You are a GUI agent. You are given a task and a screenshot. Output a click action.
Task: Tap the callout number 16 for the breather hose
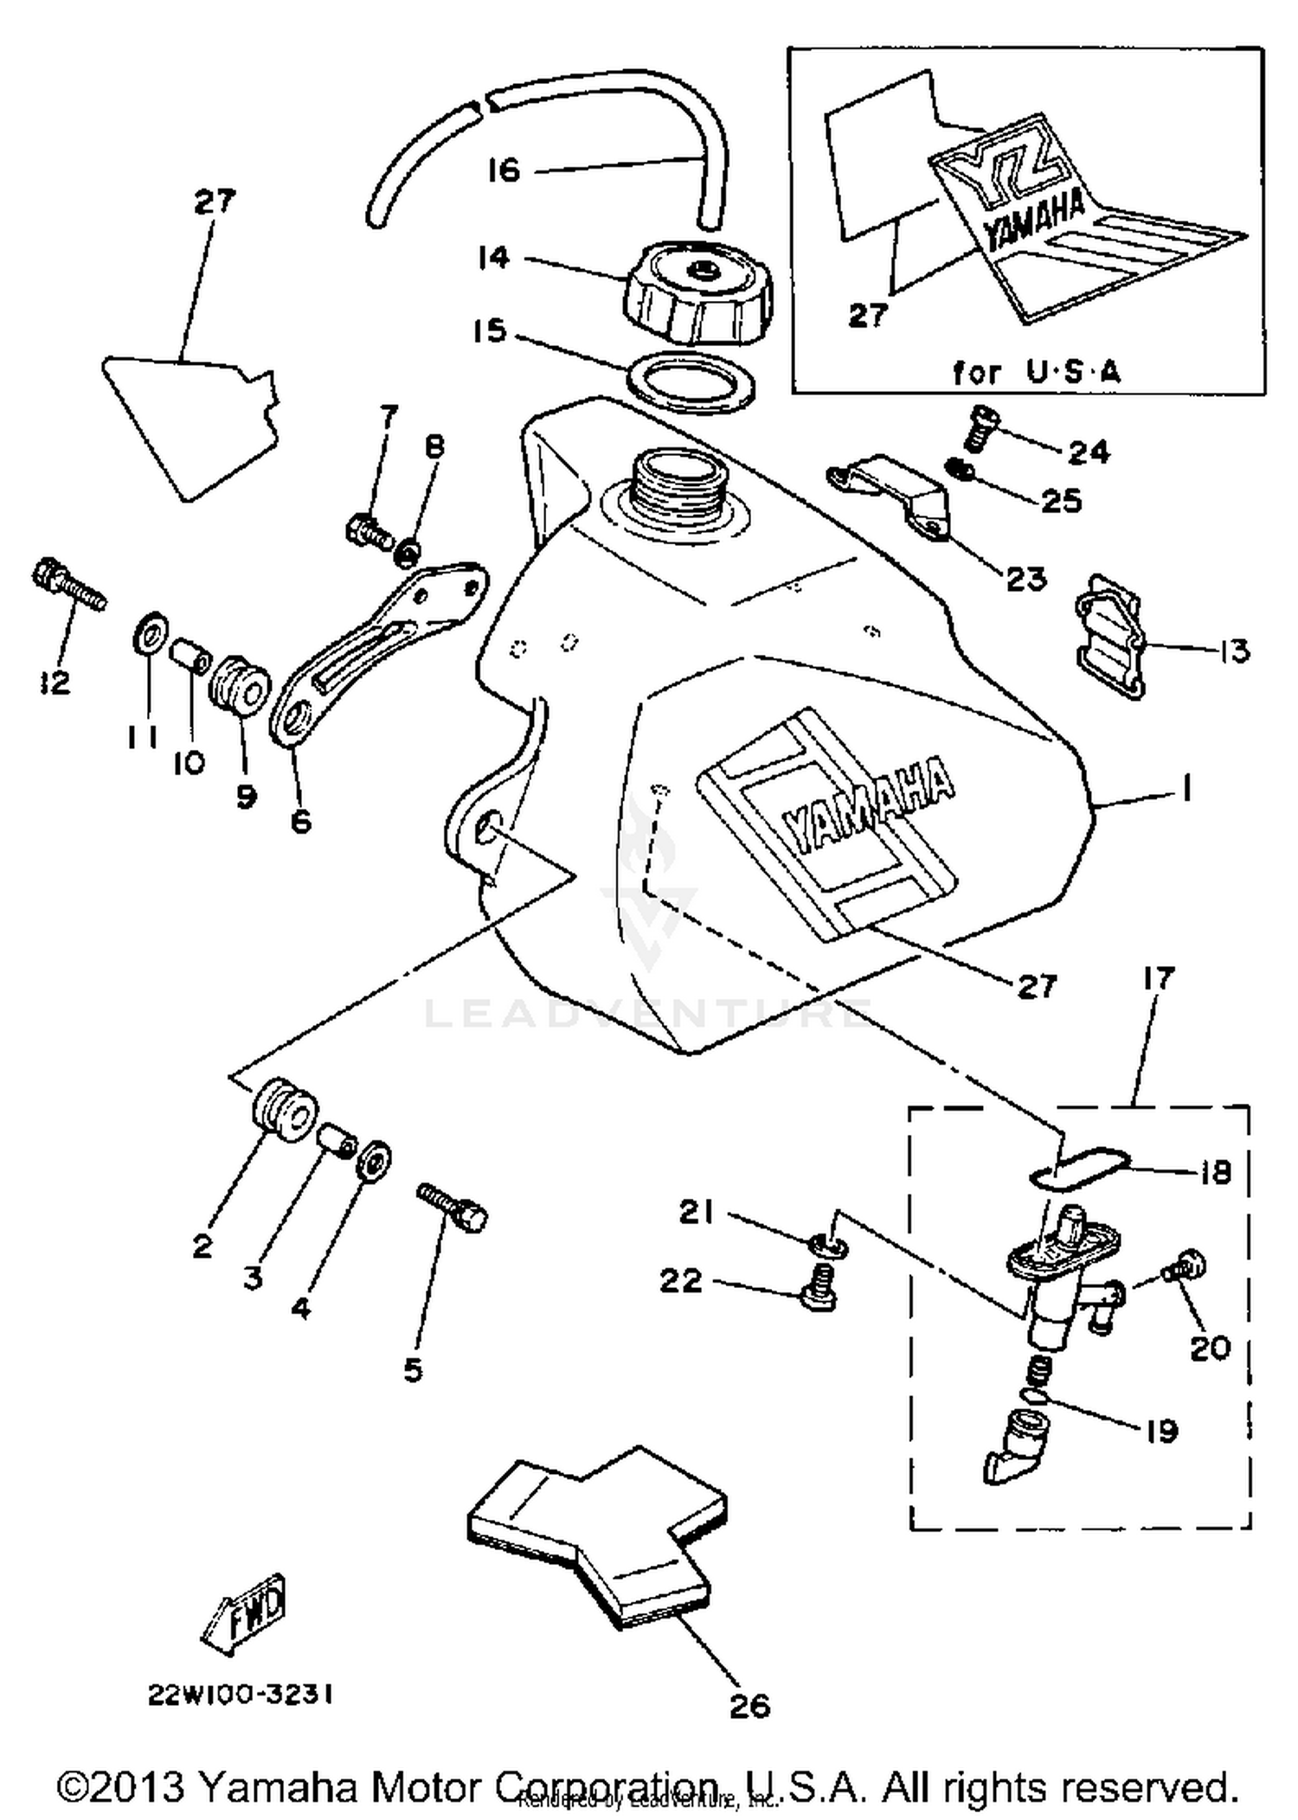tap(504, 170)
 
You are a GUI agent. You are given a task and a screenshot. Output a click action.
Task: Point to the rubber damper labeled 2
tap(286, 1111)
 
